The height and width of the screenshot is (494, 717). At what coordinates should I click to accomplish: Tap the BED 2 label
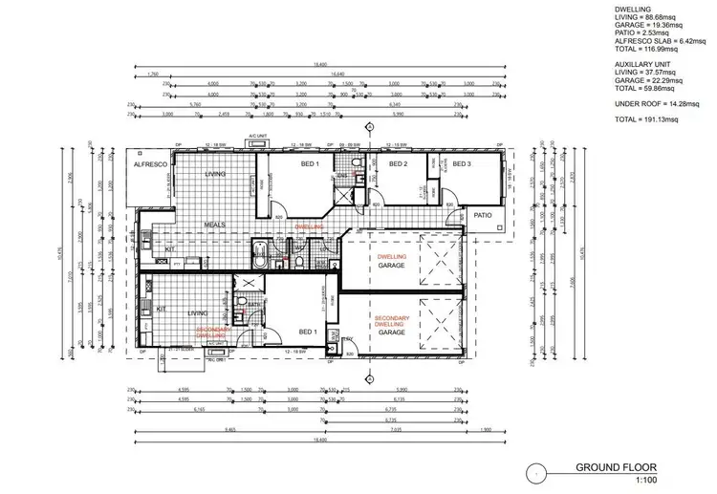(399, 164)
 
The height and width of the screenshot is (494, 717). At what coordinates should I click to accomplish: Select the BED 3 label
(462, 164)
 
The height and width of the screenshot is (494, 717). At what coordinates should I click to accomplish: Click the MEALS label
(215, 226)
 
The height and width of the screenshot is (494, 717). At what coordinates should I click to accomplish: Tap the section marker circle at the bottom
(369, 376)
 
